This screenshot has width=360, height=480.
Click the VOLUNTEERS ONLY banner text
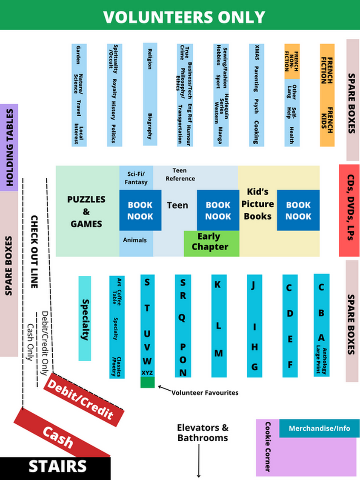(184, 17)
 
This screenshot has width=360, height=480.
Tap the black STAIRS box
(57, 467)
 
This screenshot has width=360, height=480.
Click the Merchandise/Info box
(319, 428)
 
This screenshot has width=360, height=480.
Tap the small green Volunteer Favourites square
(147, 382)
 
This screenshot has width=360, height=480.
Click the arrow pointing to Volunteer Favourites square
(163, 388)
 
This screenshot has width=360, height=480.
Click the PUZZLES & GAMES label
(86, 211)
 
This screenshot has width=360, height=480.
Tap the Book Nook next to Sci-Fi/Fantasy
(140, 210)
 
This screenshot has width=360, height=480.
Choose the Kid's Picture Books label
(257, 204)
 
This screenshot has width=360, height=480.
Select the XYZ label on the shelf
(147, 373)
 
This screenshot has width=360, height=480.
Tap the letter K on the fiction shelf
(218, 285)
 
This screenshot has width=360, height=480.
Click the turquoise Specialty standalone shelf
(85, 318)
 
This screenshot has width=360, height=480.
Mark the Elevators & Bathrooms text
(203, 432)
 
